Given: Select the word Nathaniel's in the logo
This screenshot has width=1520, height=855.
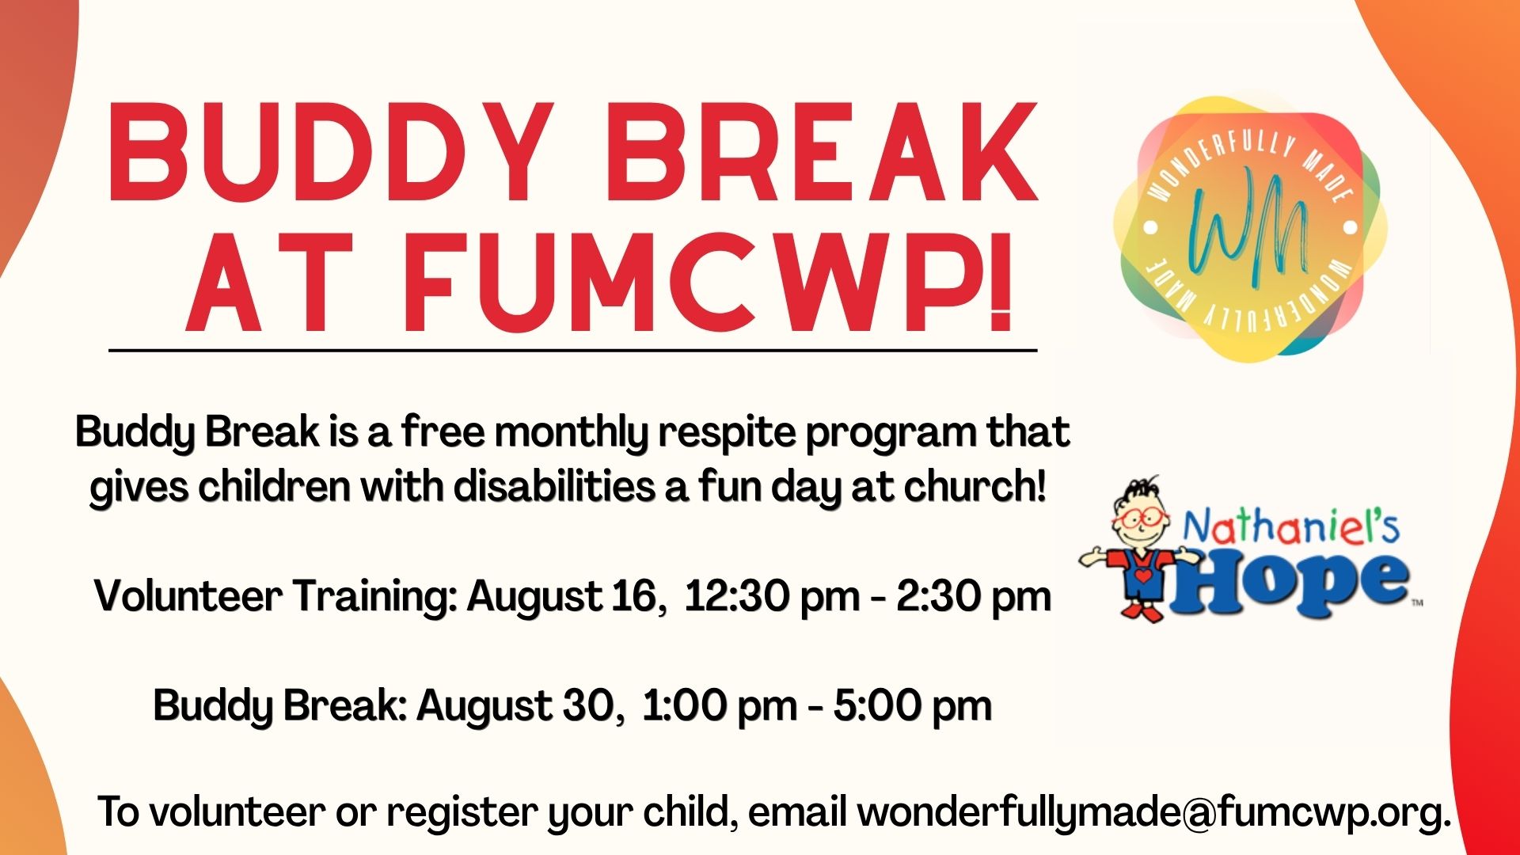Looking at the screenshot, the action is tap(1290, 527).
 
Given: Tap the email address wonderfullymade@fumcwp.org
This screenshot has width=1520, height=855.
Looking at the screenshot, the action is tap(1155, 813).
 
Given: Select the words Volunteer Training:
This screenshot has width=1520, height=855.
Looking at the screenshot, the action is tap(276, 596).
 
